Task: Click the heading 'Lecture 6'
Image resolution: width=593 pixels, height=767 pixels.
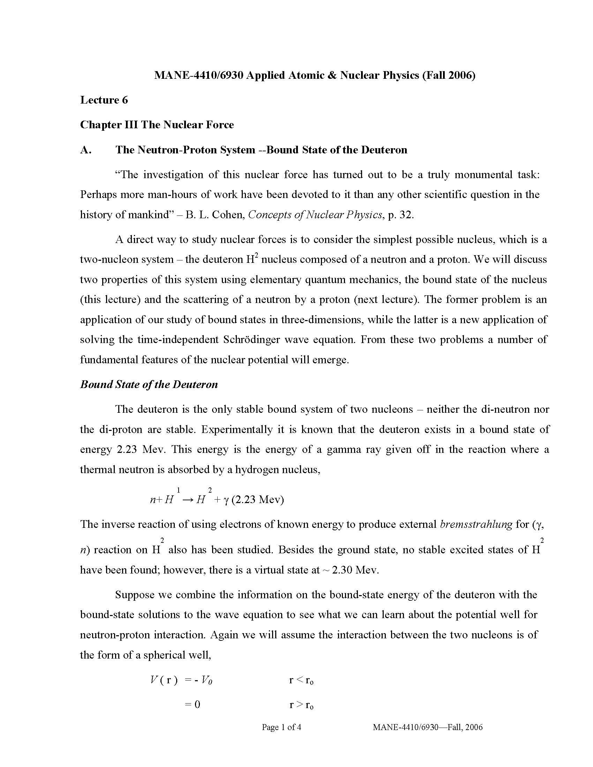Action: pos(104,100)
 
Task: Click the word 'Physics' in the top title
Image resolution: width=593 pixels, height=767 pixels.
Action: pos(398,75)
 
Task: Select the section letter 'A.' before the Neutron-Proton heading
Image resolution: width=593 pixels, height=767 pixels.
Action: pos(86,150)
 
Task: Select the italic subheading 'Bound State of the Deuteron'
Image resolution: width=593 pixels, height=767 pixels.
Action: pos(149,384)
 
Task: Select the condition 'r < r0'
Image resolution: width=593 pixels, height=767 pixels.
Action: pos(301,681)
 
